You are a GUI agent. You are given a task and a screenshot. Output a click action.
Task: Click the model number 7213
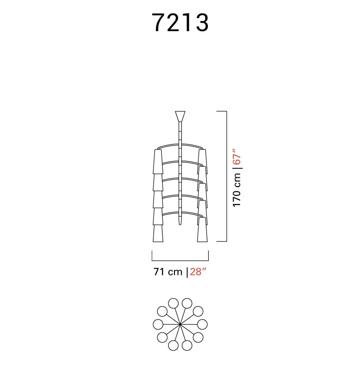coord(180,22)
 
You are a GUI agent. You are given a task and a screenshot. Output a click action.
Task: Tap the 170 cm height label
coord(237,190)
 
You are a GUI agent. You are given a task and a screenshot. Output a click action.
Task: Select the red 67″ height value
coord(237,157)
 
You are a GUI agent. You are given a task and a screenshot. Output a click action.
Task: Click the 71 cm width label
coord(168,272)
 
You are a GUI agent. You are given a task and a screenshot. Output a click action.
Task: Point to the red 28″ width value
coord(198,272)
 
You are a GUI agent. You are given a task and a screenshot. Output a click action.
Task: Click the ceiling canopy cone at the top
coord(180,117)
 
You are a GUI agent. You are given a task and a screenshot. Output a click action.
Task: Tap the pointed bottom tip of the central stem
coord(180,224)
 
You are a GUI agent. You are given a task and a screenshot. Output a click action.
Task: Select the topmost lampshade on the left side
coord(158,161)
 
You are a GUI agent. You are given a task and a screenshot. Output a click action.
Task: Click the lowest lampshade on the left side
coord(158,233)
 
